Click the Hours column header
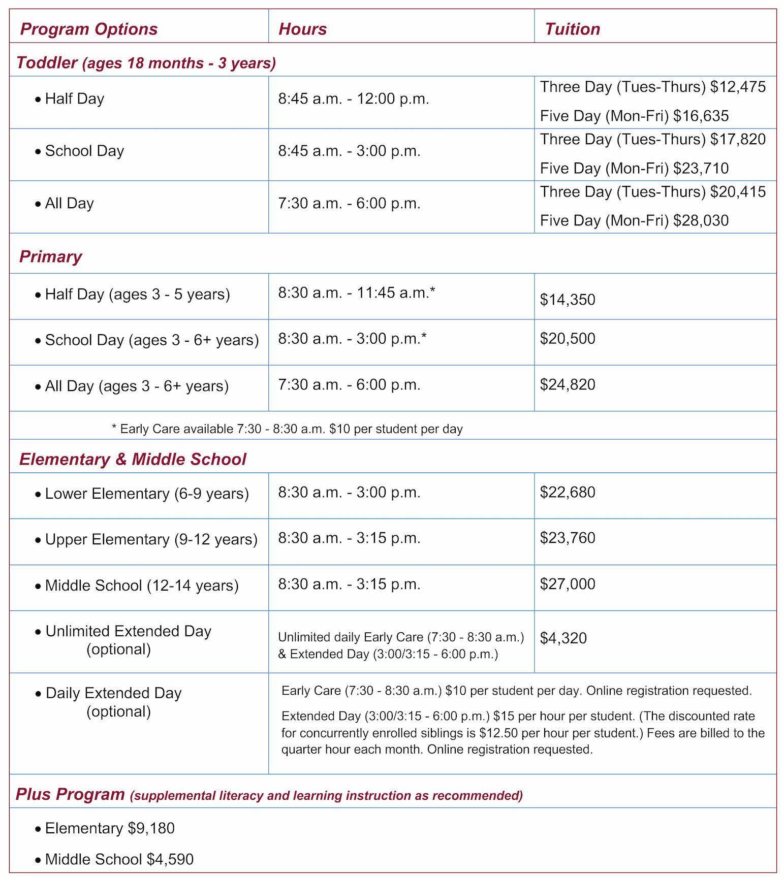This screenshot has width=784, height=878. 302,29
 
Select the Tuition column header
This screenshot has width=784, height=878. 572,29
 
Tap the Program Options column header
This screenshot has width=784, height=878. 89,29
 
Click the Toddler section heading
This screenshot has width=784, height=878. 146,63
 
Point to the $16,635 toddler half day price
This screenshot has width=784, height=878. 701,116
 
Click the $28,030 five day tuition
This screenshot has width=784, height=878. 701,220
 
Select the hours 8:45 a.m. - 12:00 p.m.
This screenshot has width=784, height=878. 354,99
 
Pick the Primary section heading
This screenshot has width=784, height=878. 50,256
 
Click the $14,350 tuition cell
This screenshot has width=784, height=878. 568,300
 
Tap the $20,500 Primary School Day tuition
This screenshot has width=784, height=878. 568,339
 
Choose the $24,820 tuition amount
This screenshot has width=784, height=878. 568,384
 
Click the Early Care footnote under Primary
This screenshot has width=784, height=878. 287,429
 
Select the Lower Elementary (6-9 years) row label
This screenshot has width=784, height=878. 147,494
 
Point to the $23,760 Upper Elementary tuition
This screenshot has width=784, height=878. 568,538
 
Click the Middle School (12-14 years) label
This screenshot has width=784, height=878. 142,586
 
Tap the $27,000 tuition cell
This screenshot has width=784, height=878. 568,584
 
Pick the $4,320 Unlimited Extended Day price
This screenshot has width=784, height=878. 563,638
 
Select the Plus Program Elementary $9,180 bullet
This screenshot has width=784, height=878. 110,828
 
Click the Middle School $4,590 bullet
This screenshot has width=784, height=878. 119,859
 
